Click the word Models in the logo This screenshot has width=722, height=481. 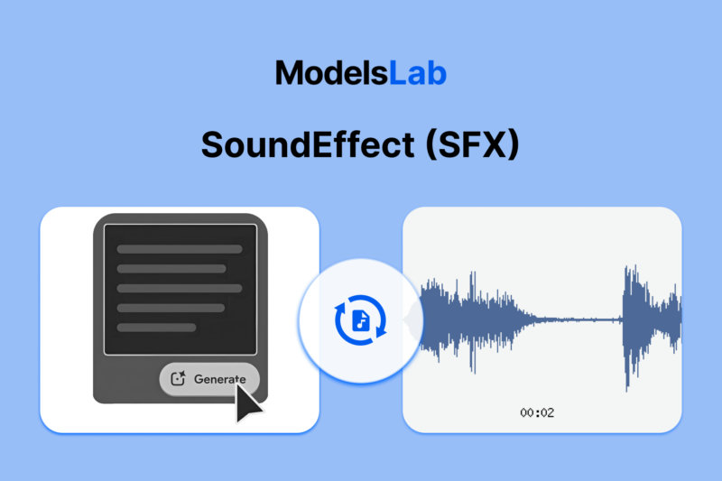click(331, 72)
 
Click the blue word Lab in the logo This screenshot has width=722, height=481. click(417, 72)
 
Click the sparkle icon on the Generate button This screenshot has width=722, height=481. click(178, 379)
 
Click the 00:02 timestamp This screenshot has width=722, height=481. click(537, 412)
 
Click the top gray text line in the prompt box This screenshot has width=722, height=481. click(180, 249)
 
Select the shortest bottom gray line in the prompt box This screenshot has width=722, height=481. click(156, 327)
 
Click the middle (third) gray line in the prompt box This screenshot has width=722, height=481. click(180, 288)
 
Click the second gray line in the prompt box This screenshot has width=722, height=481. click(171, 268)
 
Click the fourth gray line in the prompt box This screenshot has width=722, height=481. click(171, 308)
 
